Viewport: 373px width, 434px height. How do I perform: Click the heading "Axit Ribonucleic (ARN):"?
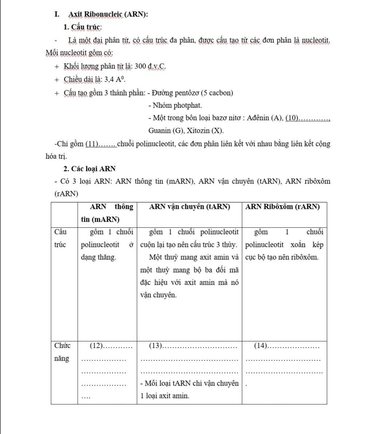tap(108, 15)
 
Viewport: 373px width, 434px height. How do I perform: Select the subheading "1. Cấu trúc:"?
tap(82, 27)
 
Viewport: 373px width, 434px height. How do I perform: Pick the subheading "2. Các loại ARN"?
tap(89, 169)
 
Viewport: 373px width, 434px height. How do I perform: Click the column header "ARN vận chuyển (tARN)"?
tap(190, 207)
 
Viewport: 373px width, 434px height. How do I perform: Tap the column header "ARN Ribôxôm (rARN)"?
tap(282, 207)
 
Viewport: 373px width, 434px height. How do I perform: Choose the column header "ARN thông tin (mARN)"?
tap(107, 213)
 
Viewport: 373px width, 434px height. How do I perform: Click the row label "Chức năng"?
tap(62, 352)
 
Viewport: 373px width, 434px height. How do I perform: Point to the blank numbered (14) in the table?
tap(286, 345)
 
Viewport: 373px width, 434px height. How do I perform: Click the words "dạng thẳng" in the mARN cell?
tap(98, 257)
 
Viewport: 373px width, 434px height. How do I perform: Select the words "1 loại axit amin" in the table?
tap(165, 396)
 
